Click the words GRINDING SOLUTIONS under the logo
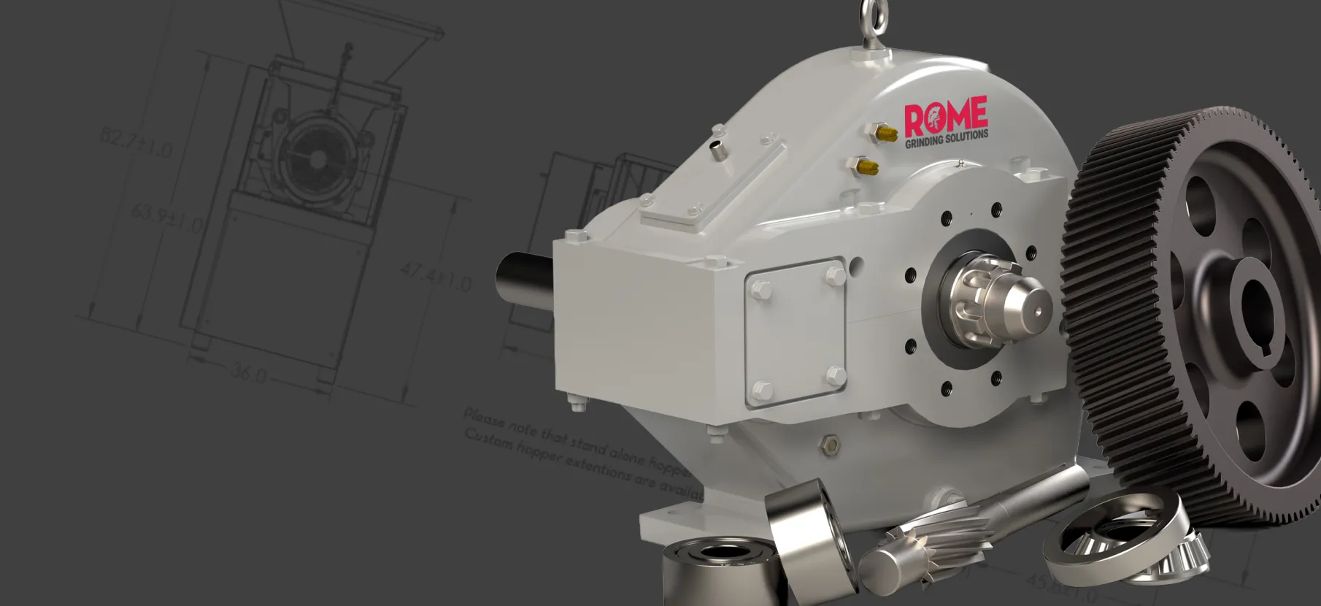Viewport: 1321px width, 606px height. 947,138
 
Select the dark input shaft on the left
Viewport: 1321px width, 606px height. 523,280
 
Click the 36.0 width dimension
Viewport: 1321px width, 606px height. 248,373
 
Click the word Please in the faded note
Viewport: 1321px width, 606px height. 482,418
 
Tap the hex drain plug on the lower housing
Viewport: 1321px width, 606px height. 830,445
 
